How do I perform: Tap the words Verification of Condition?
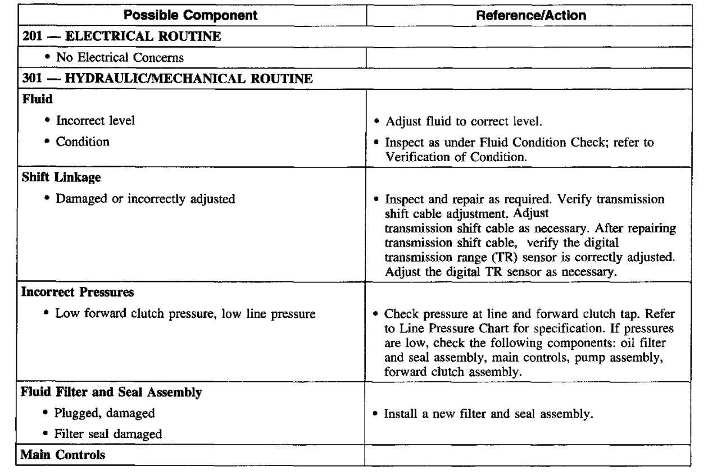tap(456, 157)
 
